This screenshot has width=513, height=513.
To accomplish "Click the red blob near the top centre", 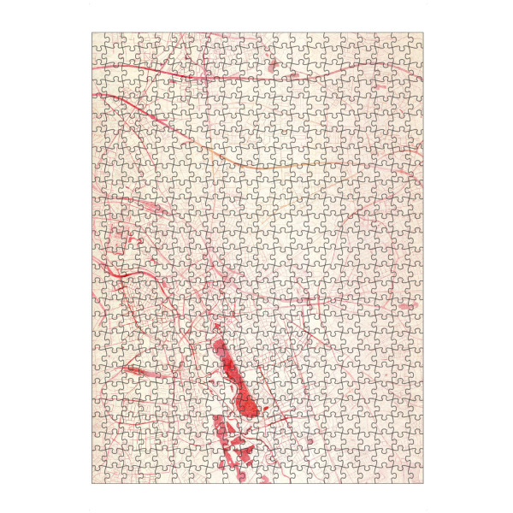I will click(272, 64).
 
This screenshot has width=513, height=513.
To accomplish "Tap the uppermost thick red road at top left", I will click(137, 68).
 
